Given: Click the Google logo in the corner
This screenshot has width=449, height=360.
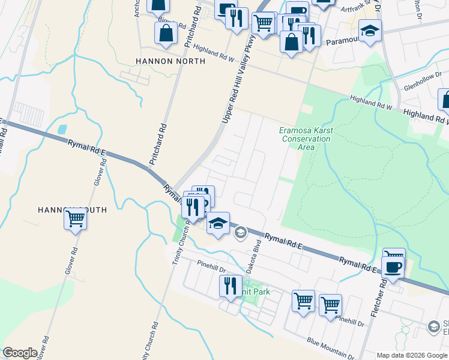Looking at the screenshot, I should click(x=20, y=352).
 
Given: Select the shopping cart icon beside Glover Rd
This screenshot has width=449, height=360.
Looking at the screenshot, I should click(x=76, y=218).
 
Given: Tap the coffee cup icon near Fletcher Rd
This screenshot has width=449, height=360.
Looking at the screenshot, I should click(x=393, y=268).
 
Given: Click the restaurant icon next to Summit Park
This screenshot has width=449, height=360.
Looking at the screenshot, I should click(x=230, y=286).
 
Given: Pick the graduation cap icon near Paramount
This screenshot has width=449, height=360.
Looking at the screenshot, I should click(x=370, y=31).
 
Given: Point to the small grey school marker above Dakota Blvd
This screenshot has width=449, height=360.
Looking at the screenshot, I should click(x=240, y=232).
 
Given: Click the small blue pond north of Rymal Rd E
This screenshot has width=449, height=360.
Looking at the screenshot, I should click(x=62, y=129).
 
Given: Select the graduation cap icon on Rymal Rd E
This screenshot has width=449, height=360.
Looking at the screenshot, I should click(x=218, y=223).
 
